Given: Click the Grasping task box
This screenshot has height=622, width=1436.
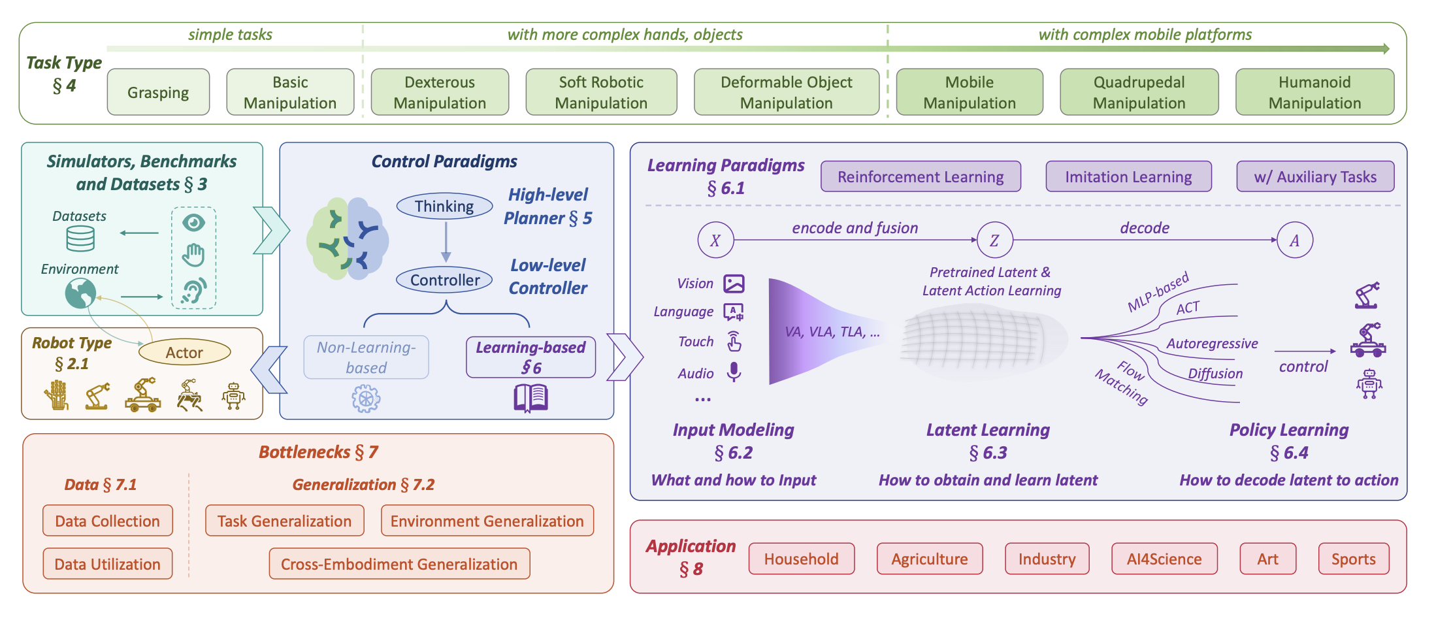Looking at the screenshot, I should coord(158,92).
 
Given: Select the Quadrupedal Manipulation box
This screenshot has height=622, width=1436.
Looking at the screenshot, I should coord(1139,92).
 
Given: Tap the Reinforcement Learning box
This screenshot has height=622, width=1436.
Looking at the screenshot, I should coord(921,176).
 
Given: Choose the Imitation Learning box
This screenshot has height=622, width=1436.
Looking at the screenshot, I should coord(1128,176).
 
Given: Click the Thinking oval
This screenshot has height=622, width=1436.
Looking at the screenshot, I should coord(444,206).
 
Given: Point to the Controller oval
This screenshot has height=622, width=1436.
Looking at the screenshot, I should coord(444,280).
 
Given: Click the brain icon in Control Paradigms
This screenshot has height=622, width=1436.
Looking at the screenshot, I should coord(348,239).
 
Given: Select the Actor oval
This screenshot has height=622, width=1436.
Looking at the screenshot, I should coord(184,352).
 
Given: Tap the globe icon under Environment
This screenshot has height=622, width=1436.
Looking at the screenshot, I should coord(80,293).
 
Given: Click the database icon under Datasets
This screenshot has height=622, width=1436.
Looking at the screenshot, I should coord(80,238).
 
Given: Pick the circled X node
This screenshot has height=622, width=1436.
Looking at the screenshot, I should coord(715,240).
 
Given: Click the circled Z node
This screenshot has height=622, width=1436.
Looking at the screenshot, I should coord(994,240).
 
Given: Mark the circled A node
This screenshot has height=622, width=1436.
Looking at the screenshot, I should coord(1294,240).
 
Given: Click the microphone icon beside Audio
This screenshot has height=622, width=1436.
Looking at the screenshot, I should coord(734,372).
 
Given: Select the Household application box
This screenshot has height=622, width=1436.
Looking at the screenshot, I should coord(801,559).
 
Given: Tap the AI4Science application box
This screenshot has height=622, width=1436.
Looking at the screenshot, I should coord(1164,559).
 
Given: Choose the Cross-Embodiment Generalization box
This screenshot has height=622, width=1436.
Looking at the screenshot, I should coord(399,564).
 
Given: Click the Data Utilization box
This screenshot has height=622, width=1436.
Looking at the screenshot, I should coord(107,564).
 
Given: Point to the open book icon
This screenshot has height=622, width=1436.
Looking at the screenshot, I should coord(530,398).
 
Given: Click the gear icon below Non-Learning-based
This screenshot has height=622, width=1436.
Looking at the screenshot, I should coord(366,399).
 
